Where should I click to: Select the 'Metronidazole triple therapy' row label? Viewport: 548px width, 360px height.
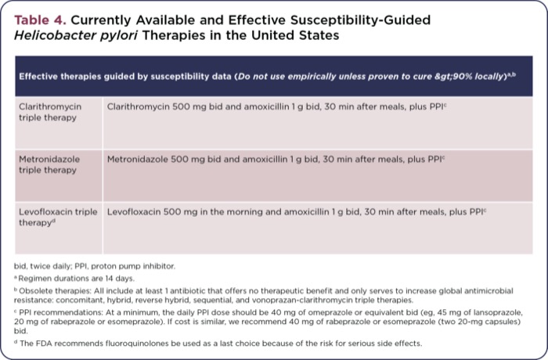[49, 164]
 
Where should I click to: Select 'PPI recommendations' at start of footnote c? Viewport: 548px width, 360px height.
[56, 311]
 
